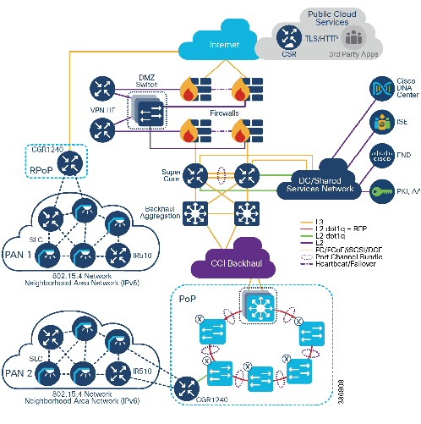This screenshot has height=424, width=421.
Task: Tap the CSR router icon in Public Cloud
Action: click(287, 36)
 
